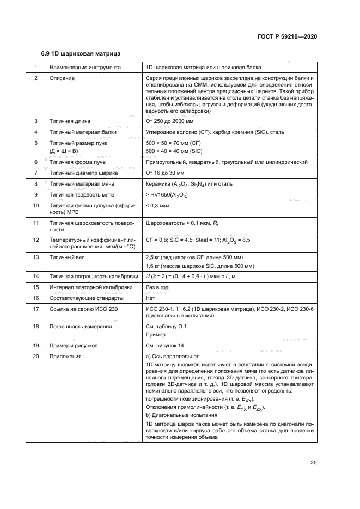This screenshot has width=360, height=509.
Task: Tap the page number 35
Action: tap(313, 463)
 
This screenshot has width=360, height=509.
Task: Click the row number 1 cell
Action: tap(36, 68)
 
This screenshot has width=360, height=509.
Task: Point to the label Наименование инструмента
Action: tap(84, 68)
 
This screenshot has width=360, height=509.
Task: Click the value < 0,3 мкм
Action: tap(158, 206)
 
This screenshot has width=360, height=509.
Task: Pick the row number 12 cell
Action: tap(36, 240)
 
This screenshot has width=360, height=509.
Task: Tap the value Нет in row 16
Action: tap(151, 299)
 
